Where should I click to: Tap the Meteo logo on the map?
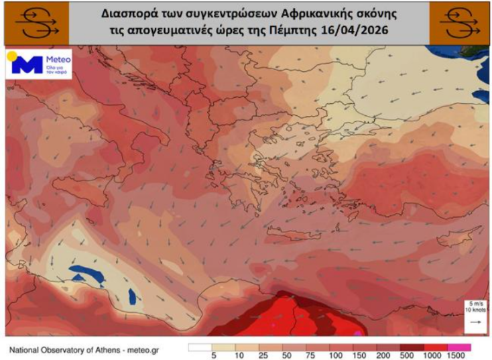pos(38,66)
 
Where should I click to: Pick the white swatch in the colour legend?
pos(200,347)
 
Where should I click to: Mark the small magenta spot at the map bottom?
pos(359,332)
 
